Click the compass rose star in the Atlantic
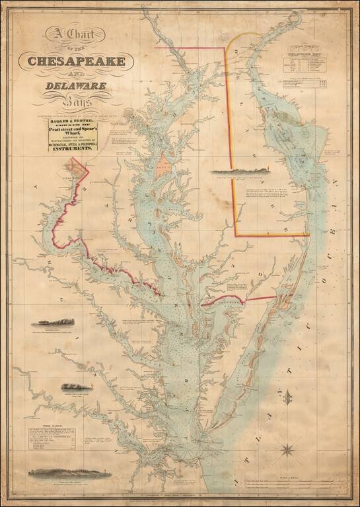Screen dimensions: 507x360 [x=289, y=452]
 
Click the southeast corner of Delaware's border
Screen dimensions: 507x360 [x=308, y=234]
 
